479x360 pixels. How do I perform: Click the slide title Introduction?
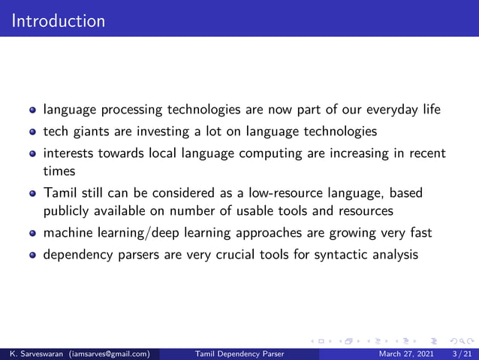(59, 20)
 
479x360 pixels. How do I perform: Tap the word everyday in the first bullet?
(389, 110)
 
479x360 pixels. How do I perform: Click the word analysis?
(392, 254)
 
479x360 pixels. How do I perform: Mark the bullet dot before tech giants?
(32, 132)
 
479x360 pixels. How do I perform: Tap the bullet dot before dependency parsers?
(32, 254)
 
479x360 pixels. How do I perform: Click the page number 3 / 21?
(462, 353)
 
